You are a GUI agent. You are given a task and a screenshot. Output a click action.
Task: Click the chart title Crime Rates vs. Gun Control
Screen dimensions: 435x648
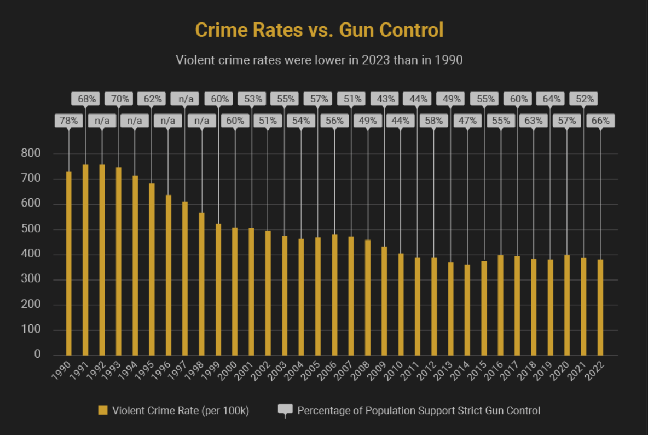tap(319, 30)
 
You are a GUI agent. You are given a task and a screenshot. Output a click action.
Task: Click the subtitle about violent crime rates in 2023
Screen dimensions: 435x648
tap(319, 60)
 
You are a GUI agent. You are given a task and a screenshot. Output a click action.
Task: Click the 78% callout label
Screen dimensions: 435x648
tap(68, 121)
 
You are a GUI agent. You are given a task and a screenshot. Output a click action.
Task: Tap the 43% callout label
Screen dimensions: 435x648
tap(384, 99)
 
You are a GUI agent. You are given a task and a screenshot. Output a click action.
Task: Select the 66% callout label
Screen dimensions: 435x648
tap(600, 121)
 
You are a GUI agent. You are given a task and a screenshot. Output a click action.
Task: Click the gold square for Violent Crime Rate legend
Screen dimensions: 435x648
tap(102, 410)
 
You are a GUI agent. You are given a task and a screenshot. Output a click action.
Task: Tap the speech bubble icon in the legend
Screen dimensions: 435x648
tap(285, 410)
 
